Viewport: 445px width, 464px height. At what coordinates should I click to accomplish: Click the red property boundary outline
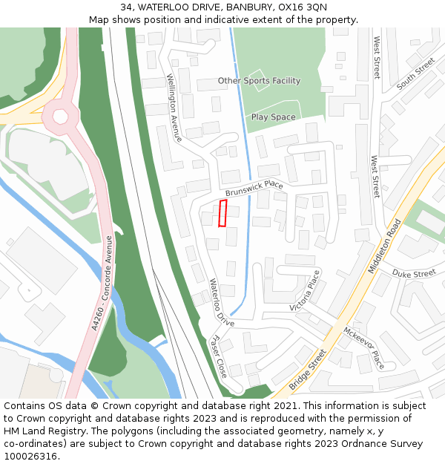tap(222, 213)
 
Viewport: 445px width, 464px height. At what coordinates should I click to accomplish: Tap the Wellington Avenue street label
tap(174, 108)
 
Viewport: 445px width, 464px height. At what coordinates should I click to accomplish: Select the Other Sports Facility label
tap(259, 80)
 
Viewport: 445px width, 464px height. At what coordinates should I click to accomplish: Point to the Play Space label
tap(273, 117)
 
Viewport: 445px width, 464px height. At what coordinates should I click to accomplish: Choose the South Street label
tap(415, 74)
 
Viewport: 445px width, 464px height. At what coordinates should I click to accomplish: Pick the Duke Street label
tap(414, 274)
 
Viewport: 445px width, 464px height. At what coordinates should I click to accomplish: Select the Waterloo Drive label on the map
tap(220, 303)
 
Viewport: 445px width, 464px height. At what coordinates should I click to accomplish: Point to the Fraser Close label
tap(219, 355)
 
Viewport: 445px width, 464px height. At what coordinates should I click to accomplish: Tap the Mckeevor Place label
tap(363, 348)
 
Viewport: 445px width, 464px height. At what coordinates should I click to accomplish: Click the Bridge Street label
tap(307, 370)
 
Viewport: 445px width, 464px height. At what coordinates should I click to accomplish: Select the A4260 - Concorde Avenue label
tap(101, 283)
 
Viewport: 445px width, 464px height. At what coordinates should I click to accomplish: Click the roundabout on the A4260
tap(60, 116)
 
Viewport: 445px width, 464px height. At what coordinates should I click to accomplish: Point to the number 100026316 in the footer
tap(31, 457)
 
